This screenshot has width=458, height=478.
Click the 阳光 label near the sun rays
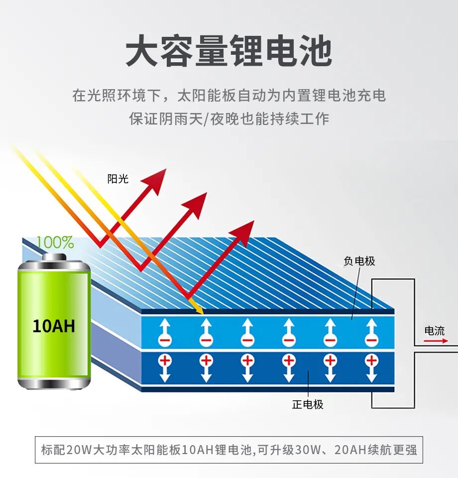[118, 179]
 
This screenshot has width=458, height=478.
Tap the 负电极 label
[359, 261]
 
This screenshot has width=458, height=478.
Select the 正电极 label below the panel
[308, 404]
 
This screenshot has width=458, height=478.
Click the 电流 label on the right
[434, 331]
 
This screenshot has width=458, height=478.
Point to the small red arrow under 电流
[434, 341]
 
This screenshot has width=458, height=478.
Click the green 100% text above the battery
[55, 242]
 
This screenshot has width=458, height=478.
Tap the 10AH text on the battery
[54, 326]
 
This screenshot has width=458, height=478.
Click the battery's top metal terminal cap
[54, 257]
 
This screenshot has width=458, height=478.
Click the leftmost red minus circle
[165, 341]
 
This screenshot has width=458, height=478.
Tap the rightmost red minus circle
[371, 341]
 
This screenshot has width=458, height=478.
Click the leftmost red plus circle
[165, 360]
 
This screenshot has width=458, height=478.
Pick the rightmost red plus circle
[371, 360]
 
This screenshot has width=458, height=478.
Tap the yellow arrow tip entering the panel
[201, 311]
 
